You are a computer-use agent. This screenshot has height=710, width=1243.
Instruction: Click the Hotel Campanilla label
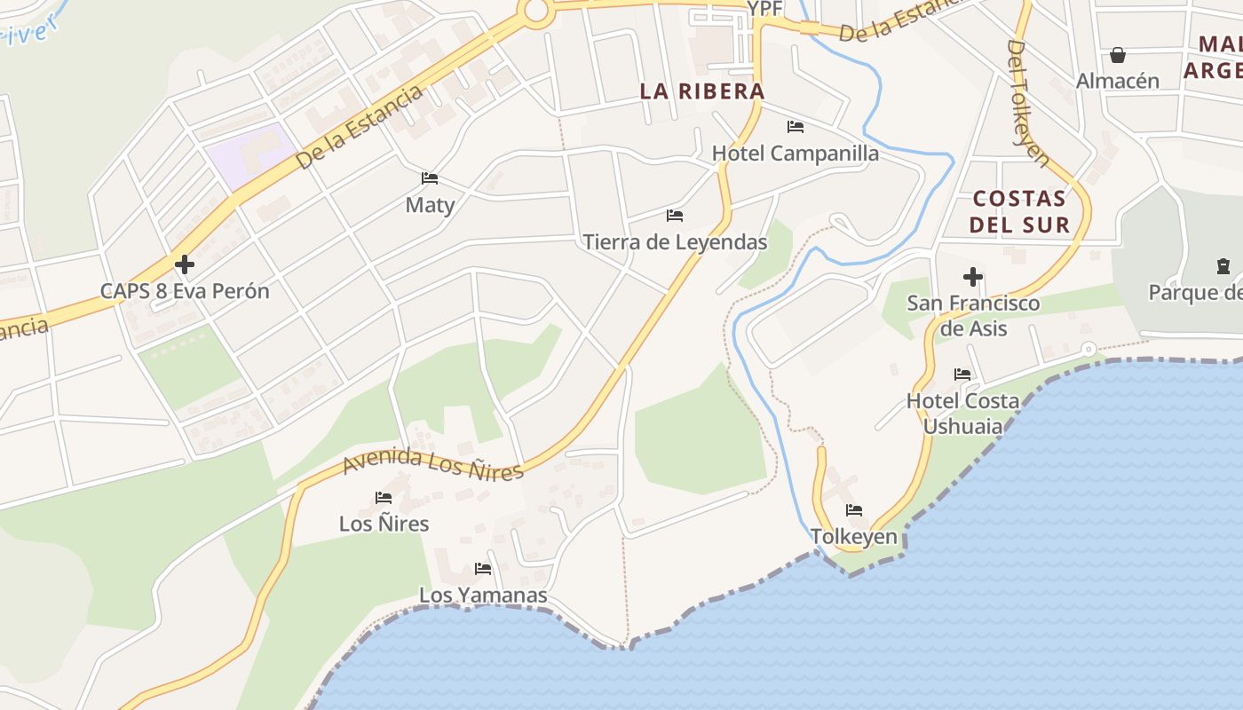tap(796, 153)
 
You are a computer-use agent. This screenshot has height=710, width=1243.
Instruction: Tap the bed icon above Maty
tap(430, 178)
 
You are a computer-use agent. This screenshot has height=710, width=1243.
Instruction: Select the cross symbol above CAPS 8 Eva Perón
tap(185, 264)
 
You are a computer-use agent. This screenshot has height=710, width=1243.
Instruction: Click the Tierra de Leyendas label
tap(675, 241)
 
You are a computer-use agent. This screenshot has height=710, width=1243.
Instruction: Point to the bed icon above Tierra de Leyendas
tap(675, 216)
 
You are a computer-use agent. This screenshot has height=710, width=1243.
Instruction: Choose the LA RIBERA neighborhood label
tap(702, 91)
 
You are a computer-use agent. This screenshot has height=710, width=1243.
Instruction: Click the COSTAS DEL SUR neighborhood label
tap(1019, 210)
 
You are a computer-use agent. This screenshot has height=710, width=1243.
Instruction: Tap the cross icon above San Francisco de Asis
tap(973, 277)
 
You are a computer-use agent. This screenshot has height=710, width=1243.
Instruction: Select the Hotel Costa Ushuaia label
tap(963, 413)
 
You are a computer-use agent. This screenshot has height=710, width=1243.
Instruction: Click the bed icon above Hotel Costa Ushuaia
tap(962, 375)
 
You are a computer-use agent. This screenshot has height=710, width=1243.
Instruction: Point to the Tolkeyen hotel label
tap(854, 537)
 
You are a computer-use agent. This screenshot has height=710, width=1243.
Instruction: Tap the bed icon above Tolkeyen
tap(854, 510)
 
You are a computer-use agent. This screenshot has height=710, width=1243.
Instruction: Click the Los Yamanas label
tap(483, 595)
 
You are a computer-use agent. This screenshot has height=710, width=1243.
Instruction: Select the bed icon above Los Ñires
tap(384, 497)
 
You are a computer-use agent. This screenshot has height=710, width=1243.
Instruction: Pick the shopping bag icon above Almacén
tap(1118, 55)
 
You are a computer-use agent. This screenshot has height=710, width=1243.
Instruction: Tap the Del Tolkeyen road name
tap(1028, 102)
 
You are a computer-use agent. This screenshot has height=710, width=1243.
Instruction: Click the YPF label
tap(764, 9)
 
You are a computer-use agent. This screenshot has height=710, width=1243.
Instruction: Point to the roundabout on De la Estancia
tap(535, 10)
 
